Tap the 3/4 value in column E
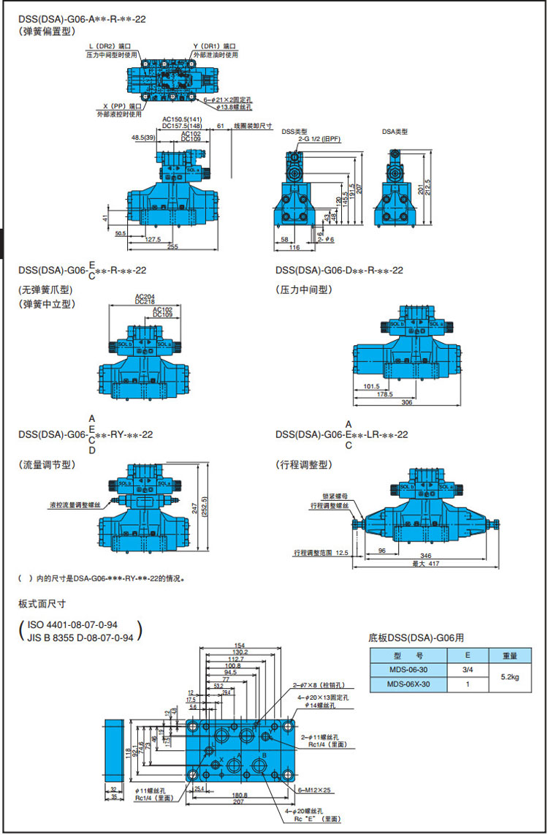(468, 670)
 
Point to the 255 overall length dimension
(172, 247)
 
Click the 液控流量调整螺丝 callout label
(75, 505)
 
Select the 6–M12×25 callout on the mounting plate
(315, 790)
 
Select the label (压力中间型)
(303, 290)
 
